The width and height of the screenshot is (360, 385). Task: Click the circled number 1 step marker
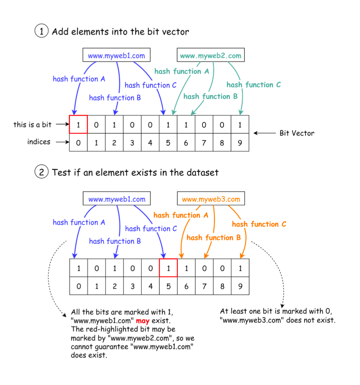(41, 31)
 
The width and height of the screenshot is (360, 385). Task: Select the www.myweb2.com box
(211, 56)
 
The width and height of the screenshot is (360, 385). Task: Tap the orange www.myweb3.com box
(211, 199)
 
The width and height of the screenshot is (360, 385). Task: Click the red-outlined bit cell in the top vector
(78, 125)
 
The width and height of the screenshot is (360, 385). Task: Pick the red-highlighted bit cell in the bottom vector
(168, 268)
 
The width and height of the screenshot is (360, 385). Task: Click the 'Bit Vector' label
(297, 133)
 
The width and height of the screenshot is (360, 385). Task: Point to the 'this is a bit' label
(32, 125)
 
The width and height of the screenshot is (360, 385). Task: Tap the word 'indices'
(39, 142)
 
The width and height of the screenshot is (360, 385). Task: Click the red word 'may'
(142, 321)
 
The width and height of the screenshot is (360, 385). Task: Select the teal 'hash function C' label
(253, 85)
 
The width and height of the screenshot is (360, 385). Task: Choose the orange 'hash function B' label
(213, 238)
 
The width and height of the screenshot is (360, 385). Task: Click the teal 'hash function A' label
(181, 71)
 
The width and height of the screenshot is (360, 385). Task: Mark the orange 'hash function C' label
(259, 224)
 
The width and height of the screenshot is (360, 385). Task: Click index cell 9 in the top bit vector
(240, 143)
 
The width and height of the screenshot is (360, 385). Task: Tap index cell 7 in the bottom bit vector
(204, 286)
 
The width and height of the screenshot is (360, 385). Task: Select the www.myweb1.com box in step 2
(117, 199)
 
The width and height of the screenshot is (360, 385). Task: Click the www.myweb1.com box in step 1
(116, 56)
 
